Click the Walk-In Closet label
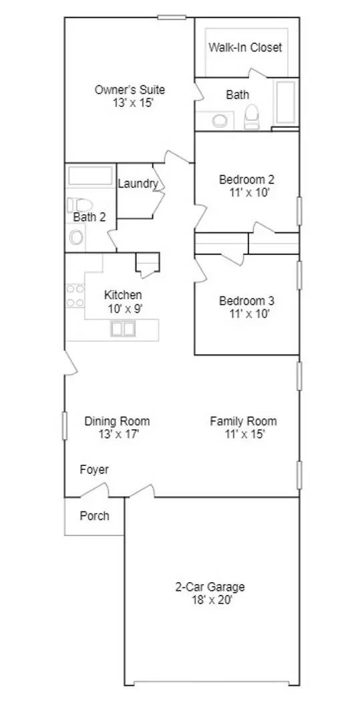(x=245, y=47)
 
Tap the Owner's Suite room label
(x=130, y=89)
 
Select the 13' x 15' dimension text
(x=130, y=103)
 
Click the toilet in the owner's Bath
(x=252, y=118)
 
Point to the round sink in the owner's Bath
(x=220, y=121)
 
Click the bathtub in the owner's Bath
(x=286, y=103)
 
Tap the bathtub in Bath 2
(x=91, y=176)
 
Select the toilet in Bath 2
(x=81, y=205)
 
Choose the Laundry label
(x=138, y=184)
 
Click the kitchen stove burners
(x=75, y=296)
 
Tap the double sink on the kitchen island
(x=123, y=328)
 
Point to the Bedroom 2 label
(x=246, y=179)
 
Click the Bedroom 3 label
(x=246, y=300)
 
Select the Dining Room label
(x=117, y=421)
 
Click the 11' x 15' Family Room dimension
(x=243, y=434)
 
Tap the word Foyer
(x=94, y=469)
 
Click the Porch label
(x=94, y=515)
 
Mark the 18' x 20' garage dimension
(x=210, y=600)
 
